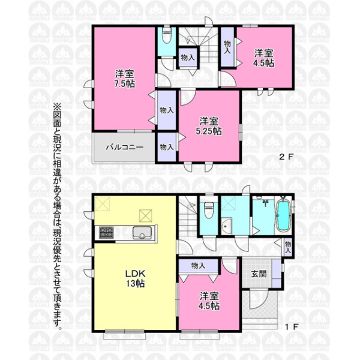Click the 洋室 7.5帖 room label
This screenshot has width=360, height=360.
(x=125, y=79)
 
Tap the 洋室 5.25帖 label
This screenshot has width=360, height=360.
(x=209, y=126)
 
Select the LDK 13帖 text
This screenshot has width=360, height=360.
(x=135, y=278)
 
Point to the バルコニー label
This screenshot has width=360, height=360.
(x=125, y=147)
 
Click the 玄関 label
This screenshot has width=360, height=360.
(x=259, y=274)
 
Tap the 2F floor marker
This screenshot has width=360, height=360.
(x=286, y=157)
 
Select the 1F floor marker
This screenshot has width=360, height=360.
(x=291, y=327)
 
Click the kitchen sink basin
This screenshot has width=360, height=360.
(x=142, y=233)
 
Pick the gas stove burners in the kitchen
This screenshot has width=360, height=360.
(x=106, y=232)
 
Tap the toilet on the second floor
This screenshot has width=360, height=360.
(x=167, y=36)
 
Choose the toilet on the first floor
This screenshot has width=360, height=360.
(x=209, y=210)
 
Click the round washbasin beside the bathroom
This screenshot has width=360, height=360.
(x=226, y=226)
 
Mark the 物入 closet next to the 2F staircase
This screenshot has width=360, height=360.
(x=188, y=58)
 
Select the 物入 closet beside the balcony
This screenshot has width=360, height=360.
(x=167, y=147)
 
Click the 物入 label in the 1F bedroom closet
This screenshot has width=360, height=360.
(x=198, y=266)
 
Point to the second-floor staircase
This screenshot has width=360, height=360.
(x=199, y=46)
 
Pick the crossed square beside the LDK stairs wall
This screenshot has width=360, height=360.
(x=145, y=216)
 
